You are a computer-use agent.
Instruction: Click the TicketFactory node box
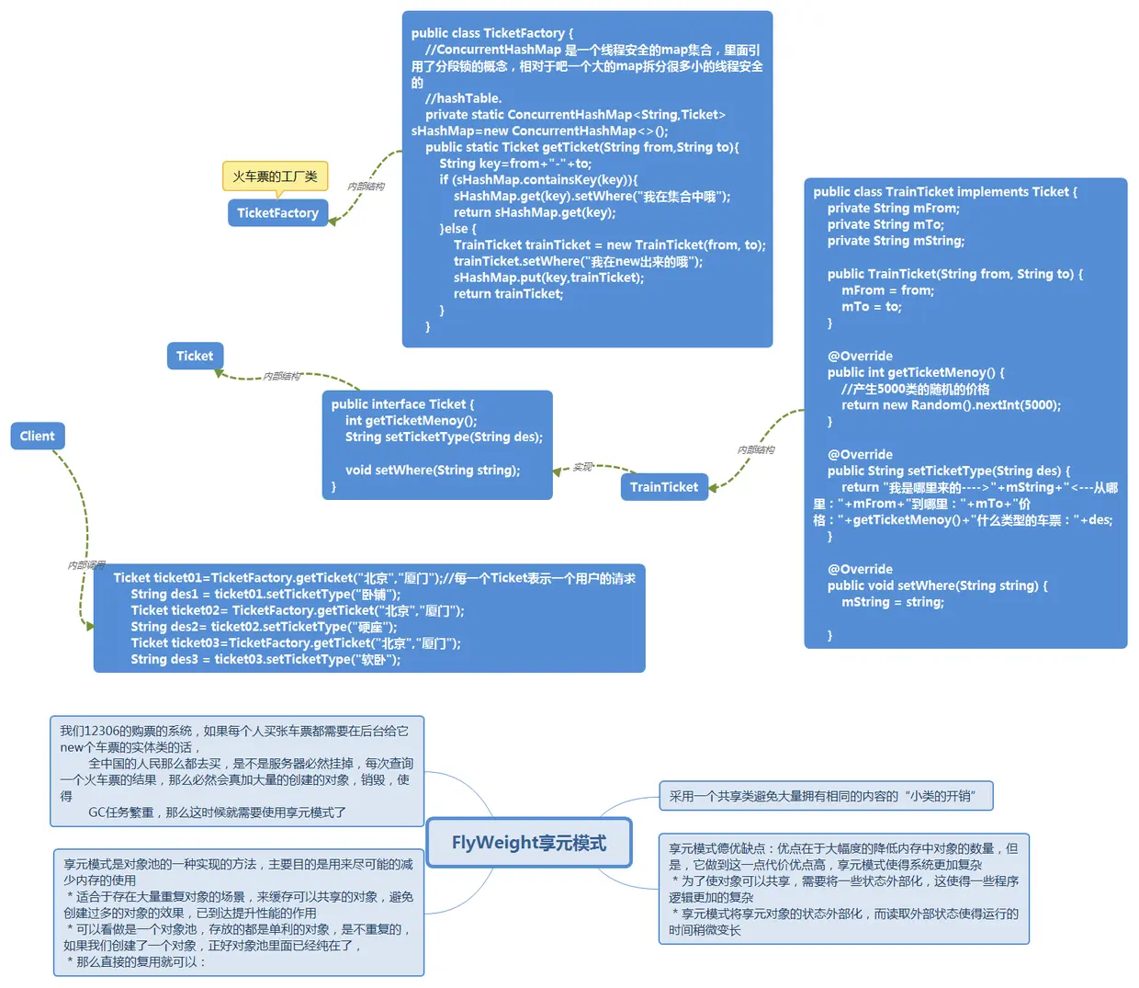click(277, 212)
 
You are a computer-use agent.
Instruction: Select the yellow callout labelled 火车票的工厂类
click(275, 176)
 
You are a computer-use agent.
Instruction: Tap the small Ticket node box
click(195, 356)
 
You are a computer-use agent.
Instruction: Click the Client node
click(38, 436)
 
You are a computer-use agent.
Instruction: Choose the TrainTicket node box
click(663, 487)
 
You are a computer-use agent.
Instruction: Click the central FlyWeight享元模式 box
click(529, 843)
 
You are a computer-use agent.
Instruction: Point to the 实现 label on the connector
click(582, 467)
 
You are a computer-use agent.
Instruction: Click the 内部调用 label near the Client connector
click(86, 565)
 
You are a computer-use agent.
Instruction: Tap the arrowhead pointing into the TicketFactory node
click(333, 221)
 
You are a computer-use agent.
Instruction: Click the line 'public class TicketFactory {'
click(492, 33)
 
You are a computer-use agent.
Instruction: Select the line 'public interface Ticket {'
click(402, 404)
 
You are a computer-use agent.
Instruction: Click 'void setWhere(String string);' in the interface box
click(432, 470)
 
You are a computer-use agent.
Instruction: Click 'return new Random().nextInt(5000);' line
click(951, 405)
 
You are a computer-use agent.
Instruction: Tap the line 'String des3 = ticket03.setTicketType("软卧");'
click(265, 659)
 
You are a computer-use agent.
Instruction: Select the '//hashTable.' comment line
click(463, 98)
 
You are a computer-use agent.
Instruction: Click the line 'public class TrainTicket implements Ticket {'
click(945, 192)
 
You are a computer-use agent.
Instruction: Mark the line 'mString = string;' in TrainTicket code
click(892, 602)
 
